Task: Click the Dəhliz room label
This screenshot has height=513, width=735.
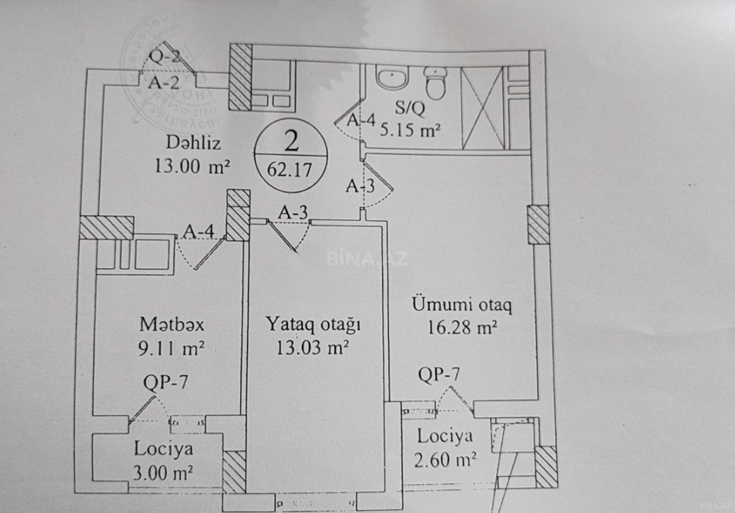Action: (x=193, y=143)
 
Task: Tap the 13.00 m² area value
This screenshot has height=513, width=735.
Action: (x=191, y=165)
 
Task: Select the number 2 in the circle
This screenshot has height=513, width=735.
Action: (x=292, y=141)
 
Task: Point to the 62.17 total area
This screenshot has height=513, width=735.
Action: (x=289, y=170)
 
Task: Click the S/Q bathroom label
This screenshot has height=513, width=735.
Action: (x=410, y=108)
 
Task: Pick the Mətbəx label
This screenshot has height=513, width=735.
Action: (x=171, y=325)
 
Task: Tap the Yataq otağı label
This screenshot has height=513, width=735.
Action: (x=313, y=325)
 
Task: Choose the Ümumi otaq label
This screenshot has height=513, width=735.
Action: (x=462, y=304)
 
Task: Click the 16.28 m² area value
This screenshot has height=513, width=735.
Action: (x=462, y=328)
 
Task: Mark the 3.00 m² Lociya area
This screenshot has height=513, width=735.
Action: (x=163, y=473)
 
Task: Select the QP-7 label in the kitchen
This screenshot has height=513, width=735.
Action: (x=165, y=382)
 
